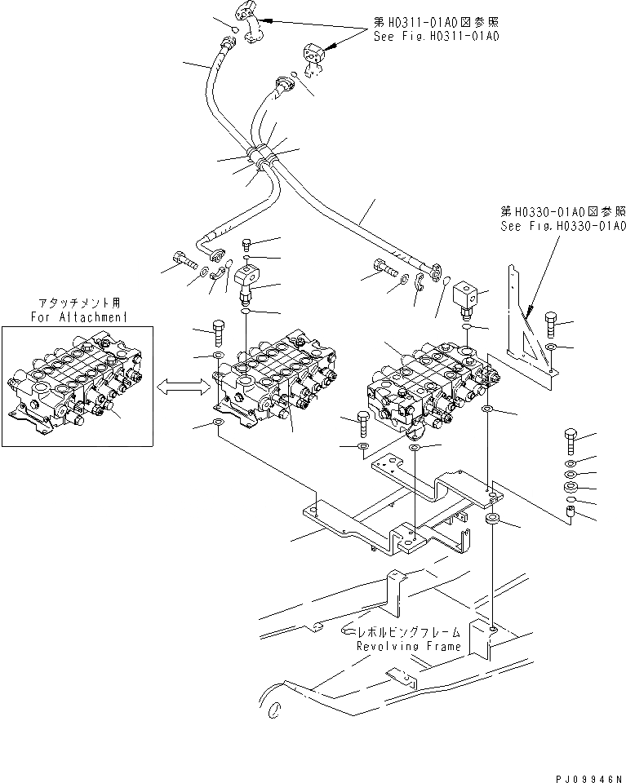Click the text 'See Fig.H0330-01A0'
point(562,226)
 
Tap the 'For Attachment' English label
point(78,316)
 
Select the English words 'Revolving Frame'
point(407,646)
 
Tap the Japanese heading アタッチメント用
point(78,303)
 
